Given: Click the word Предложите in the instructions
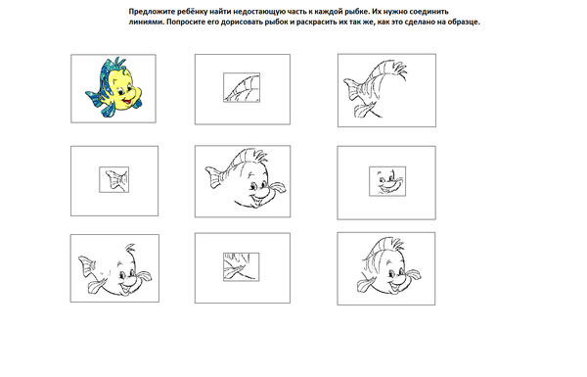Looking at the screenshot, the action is point(147,12).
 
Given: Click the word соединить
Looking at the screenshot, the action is point(431,12).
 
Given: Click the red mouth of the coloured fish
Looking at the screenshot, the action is point(127,102).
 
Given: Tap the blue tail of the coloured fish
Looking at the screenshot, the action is point(93,98).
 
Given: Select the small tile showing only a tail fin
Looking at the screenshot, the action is point(114,179).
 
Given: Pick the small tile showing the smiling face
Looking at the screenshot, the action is point(387,181).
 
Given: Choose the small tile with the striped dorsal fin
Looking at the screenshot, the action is point(242,87).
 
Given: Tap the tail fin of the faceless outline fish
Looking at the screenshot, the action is point(352,90).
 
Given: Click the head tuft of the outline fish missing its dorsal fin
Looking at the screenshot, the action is point(130,248).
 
